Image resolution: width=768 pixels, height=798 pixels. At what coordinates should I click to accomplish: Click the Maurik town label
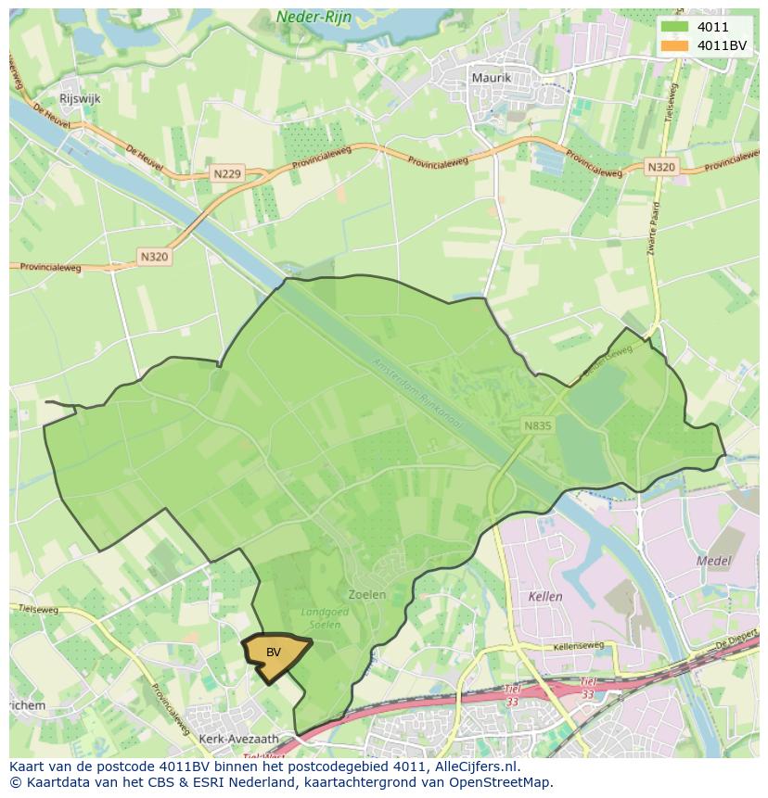[x=491, y=78]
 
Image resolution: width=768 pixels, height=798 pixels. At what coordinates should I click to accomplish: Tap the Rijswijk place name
[x=80, y=98]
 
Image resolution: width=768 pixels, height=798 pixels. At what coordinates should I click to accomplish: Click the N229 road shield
[x=226, y=173]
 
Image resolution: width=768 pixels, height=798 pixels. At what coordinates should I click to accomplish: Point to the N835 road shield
[x=537, y=425]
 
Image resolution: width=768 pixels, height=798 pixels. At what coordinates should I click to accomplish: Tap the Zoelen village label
[x=366, y=594]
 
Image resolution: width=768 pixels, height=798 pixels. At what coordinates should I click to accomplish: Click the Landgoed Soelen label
[x=321, y=618]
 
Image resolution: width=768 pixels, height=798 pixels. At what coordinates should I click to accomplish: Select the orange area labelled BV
[x=275, y=653]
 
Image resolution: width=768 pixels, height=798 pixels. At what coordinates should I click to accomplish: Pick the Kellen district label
[x=544, y=597]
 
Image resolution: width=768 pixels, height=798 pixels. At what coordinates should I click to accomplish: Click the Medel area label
[x=713, y=561]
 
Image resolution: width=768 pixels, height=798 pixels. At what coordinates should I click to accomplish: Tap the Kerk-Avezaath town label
[x=238, y=739]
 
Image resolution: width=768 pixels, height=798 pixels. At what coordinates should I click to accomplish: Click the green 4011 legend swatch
[x=674, y=28]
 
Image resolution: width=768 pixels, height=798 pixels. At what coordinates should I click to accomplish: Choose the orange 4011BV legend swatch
[x=674, y=45]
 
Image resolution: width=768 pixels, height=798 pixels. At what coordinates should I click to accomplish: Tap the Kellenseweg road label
[x=578, y=646]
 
